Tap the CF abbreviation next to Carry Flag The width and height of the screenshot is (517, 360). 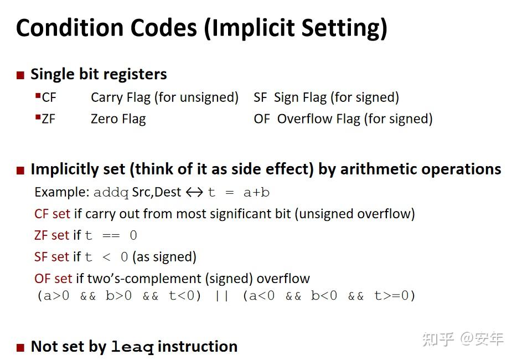tap(49, 97)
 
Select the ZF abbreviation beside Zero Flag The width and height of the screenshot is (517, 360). tap(48, 119)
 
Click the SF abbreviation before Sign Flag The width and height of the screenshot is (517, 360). tap(260, 97)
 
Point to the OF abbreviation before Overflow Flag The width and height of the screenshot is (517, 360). tap(262, 119)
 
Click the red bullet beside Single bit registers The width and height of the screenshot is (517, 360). tap(20, 75)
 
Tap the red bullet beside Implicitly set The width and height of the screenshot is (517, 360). tap(20, 170)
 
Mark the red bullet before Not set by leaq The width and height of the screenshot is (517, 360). tap(20, 348)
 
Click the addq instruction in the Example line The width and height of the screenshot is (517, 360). tap(111, 193)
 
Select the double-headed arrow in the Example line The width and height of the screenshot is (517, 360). tap(194, 193)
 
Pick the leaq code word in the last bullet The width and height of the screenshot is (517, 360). tap(132, 347)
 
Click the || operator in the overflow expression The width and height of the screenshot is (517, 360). tap(221, 296)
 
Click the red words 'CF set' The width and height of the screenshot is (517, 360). tap(52, 214)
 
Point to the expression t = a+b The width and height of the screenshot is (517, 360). tap(239, 193)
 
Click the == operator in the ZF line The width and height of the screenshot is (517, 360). tap(111, 235)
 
